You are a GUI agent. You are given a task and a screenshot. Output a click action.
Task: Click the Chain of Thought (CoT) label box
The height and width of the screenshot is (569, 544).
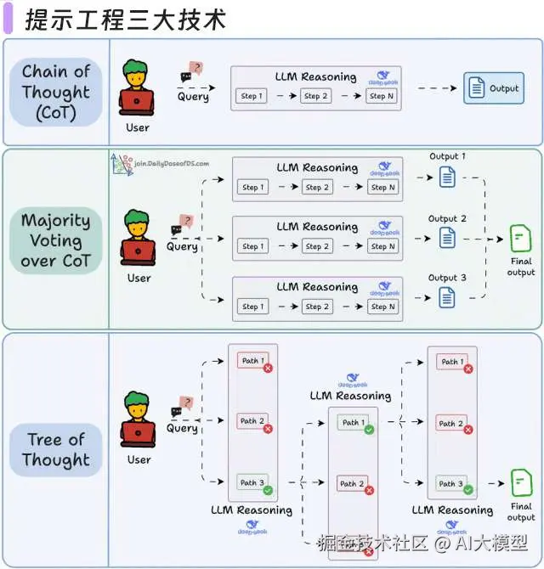[x=56, y=92]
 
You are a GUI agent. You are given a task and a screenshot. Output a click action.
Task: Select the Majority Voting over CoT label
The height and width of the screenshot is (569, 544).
[x=55, y=240]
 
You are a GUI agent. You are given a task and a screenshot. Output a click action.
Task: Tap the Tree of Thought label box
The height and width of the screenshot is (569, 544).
[x=56, y=449]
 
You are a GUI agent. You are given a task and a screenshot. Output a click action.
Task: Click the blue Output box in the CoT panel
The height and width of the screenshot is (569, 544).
[x=493, y=88]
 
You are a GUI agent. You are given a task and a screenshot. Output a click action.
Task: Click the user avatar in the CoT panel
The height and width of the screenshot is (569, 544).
[x=137, y=88]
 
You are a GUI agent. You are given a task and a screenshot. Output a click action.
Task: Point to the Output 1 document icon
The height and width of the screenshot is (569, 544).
[x=447, y=177]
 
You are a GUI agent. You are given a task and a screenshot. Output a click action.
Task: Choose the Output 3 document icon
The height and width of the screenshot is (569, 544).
[x=447, y=297]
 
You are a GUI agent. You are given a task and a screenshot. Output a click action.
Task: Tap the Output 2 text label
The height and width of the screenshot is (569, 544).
[x=447, y=218]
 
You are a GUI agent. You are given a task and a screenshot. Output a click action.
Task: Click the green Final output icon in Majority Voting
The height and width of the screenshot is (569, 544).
[x=519, y=238]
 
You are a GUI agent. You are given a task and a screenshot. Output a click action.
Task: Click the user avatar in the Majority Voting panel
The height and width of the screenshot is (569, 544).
[x=138, y=239]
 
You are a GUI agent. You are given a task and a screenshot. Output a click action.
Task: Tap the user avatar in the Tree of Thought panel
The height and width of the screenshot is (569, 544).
[x=138, y=420]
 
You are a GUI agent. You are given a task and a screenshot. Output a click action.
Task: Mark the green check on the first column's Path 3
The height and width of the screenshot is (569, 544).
[x=268, y=491]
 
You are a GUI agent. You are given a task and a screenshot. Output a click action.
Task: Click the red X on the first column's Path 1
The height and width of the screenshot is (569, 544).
[x=268, y=369]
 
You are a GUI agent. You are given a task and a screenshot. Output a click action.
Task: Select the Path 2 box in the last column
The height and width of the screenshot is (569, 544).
[x=450, y=423]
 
